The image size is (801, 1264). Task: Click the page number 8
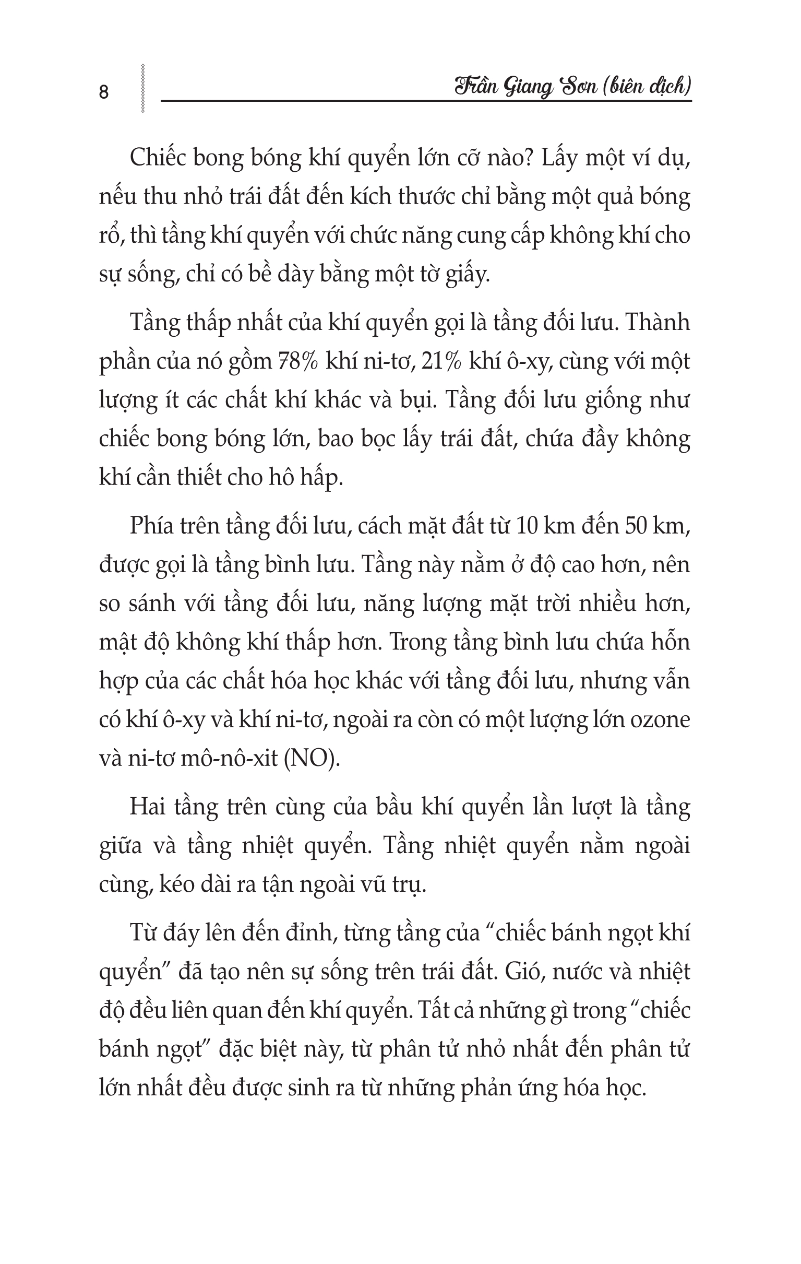click(x=103, y=92)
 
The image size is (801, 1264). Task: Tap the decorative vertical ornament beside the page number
click(x=142, y=88)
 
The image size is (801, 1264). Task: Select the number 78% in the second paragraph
click(x=297, y=362)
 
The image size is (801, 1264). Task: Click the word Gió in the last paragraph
click(x=523, y=972)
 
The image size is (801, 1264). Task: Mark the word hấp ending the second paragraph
click(x=319, y=478)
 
